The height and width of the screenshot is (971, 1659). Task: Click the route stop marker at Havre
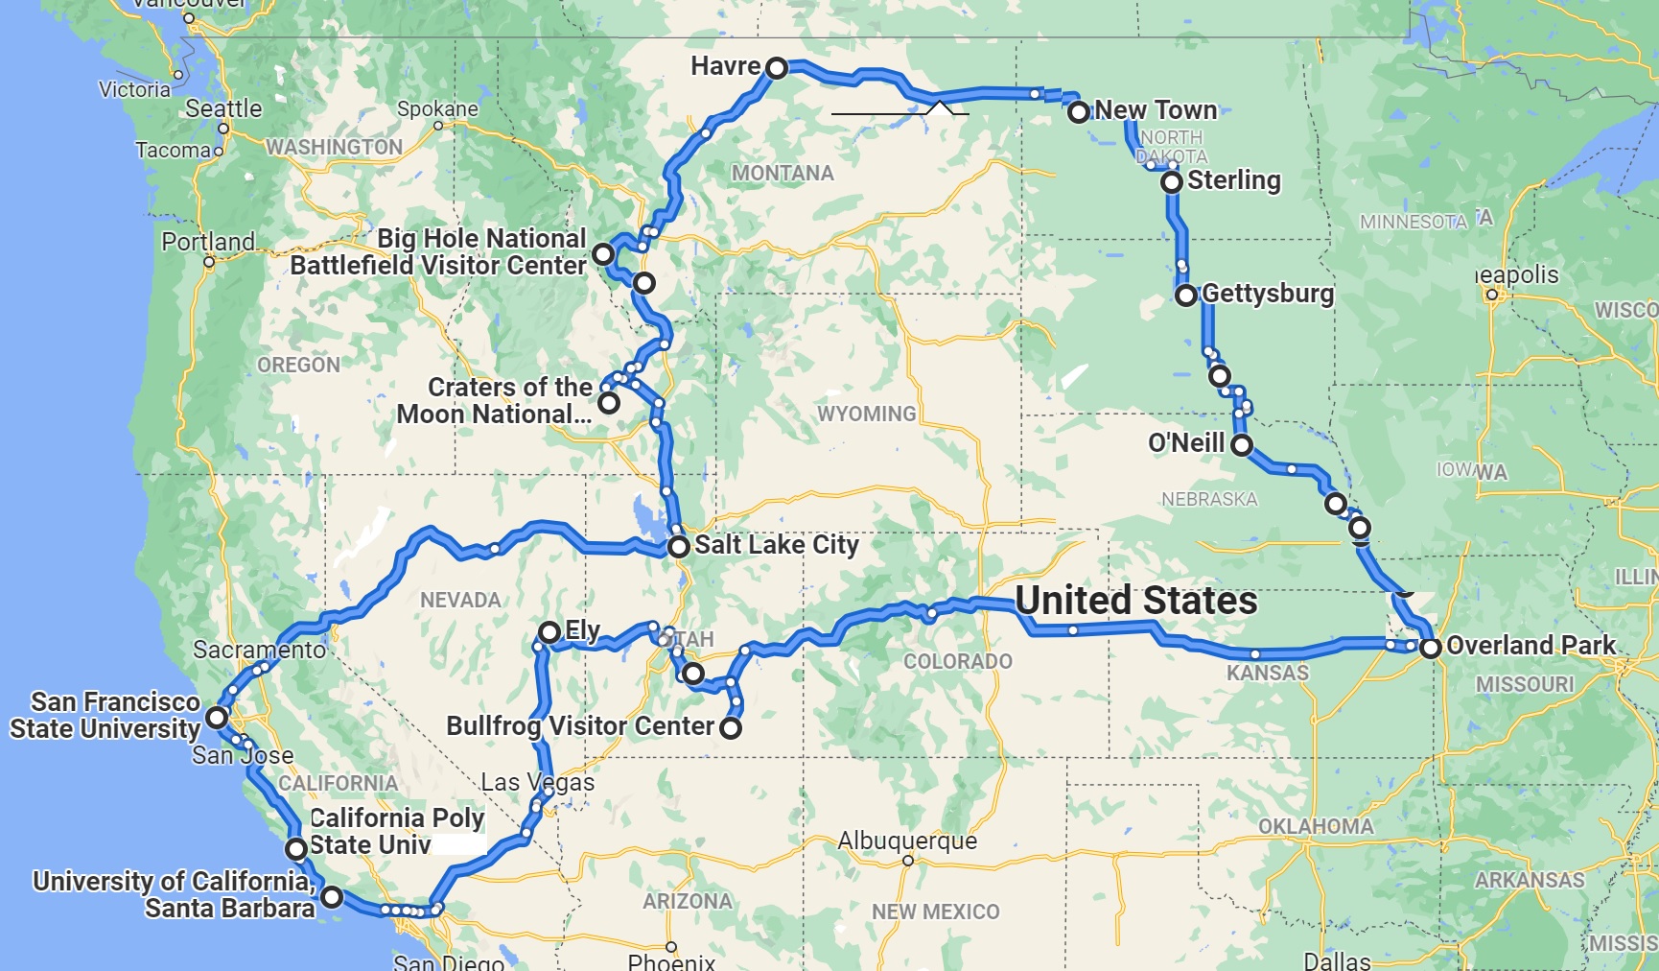pyautogui.click(x=777, y=68)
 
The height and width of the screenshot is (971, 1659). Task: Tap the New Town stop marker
pyautogui.click(x=1079, y=112)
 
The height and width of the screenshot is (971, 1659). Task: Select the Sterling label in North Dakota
pyautogui.click(x=1234, y=180)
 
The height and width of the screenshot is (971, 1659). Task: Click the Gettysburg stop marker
pyautogui.click(x=1186, y=296)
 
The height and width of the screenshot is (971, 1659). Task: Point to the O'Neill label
pyautogui.click(x=1186, y=443)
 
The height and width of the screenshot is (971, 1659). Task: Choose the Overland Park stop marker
pyautogui.click(x=1431, y=648)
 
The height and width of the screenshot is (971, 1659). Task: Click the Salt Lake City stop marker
pyautogui.click(x=679, y=548)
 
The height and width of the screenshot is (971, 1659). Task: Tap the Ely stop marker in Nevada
pyautogui.click(x=549, y=632)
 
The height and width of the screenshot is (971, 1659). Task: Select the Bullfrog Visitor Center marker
pyautogui.click(x=731, y=728)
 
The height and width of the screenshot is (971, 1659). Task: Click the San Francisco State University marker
pyautogui.click(x=218, y=718)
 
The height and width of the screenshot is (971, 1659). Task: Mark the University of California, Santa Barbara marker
pyautogui.click(x=332, y=897)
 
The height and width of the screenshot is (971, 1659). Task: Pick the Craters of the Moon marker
pyautogui.click(x=609, y=403)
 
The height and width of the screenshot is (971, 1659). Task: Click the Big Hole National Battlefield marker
pyautogui.click(x=603, y=254)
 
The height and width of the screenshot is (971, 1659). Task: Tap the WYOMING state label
pyautogui.click(x=866, y=414)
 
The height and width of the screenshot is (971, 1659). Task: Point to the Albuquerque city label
pyautogui.click(x=907, y=841)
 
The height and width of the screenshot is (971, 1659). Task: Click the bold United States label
pyautogui.click(x=1136, y=602)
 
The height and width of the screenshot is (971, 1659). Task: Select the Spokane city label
pyautogui.click(x=437, y=109)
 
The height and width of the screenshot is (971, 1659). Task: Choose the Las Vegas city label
pyautogui.click(x=537, y=783)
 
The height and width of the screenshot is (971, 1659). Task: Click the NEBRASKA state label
pyautogui.click(x=1209, y=500)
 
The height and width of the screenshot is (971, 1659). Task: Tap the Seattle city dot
pyautogui.click(x=223, y=128)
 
